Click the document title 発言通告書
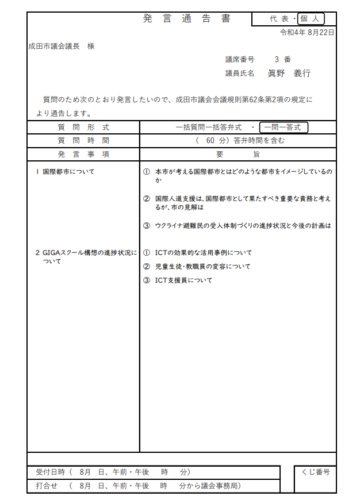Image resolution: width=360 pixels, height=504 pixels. pyautogui.click(x=187, y=18)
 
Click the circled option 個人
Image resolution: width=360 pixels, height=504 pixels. pyautogui.click(x=312, y=18)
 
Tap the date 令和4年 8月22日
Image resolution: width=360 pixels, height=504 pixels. pyautogui.click(x=307, y=32)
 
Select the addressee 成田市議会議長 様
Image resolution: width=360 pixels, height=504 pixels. pyautogui.click(x=62, y=46)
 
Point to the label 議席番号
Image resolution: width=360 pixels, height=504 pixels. pyautogui.click(x=240, y=59)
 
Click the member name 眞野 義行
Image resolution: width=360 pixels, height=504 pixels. pyautogui.click(x=289, y=74)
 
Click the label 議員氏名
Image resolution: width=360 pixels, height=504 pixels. pyautogui.click(x=240, y=74)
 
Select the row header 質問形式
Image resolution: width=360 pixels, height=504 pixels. pyautogui.click(x=83, y=127)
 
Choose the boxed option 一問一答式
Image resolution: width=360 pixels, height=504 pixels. pyautogui.click(x=284, y=127)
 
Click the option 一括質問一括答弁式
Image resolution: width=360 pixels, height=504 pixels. pyautogui.click(x=209, y=127)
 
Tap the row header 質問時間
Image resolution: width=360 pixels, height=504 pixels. pyautogui.click(x=83, y=140)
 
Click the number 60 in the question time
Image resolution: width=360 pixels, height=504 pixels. pyautogui.click(x=210, y=140)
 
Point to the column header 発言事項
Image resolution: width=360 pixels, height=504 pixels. pyautogui.click(x=83, y=154)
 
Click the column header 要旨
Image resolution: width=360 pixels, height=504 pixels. pyautogui.click(x=238, y=154)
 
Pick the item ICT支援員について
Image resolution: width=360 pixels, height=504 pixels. pyautogui.click(x=183, y=280)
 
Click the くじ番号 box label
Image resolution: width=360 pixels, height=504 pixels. pyautogui.click(x=315, y=472)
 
